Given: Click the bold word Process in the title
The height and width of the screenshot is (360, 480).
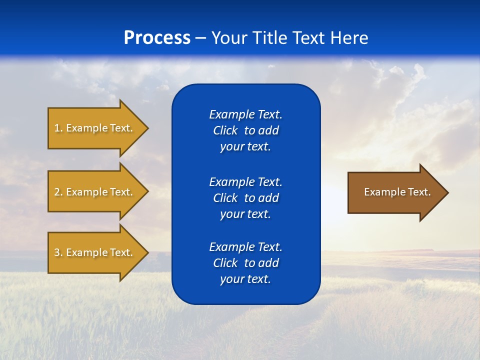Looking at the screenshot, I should click(157, 38).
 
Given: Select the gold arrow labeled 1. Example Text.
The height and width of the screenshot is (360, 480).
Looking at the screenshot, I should click(95, 128).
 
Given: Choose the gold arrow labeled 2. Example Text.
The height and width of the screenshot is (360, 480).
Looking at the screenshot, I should click(95, 192).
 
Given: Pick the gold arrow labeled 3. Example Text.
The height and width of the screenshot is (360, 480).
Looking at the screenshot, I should click(95, 252).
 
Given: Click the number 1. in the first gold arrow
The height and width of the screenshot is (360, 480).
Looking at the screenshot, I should click(58, 128).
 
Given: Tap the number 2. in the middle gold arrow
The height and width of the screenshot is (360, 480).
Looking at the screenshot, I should click(58, 192).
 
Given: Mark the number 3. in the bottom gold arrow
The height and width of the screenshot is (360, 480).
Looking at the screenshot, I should click(58, 252).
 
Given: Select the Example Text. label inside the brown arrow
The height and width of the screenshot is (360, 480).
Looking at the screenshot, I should click(397, 192).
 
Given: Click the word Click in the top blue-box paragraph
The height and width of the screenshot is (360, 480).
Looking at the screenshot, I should click(225, 130).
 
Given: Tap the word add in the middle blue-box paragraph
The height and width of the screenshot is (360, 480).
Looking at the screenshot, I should click(268, 198).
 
